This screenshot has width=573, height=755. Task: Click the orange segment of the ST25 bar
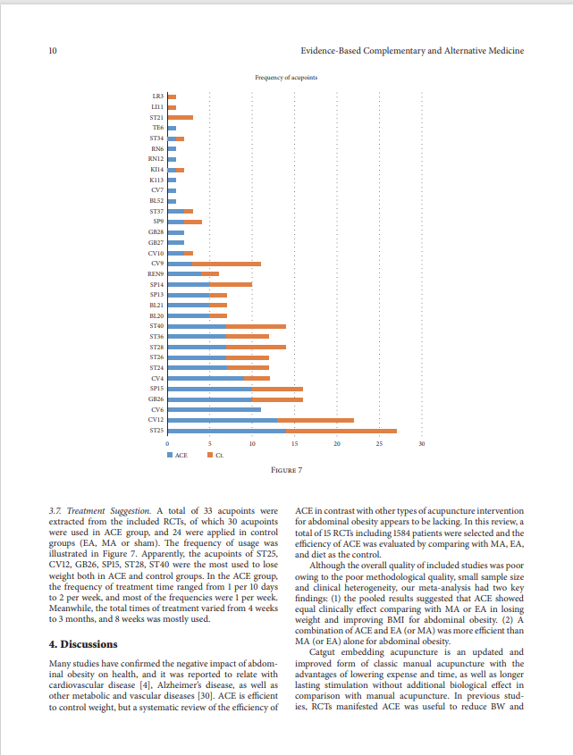tap(341, 431)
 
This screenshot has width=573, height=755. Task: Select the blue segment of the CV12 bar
tap(223, 420)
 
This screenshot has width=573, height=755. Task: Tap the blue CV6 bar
tap(215, 410)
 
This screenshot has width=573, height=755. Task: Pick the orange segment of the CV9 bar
tap(226, 264)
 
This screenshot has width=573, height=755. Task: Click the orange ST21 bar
tap(181, 117)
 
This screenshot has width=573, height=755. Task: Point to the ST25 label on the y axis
tap(156, 431)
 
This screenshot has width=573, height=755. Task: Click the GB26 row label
tap(156, 399)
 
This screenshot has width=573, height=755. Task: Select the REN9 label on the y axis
tap(156, 274)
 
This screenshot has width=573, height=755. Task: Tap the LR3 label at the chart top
tap(157, 96)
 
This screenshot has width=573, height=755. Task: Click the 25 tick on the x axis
tap(379, 443)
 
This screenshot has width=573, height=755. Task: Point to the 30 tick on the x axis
tap(422, 443)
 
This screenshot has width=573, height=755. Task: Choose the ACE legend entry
tap(177, 455)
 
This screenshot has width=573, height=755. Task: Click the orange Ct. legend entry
tap(215, 455)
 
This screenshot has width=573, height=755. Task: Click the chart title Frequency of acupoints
tap(286, 78)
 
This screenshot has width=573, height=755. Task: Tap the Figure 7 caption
tap(286, 470)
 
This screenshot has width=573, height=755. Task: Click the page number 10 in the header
tap(53, 51)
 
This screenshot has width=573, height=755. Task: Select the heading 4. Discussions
tap(83, 644)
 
